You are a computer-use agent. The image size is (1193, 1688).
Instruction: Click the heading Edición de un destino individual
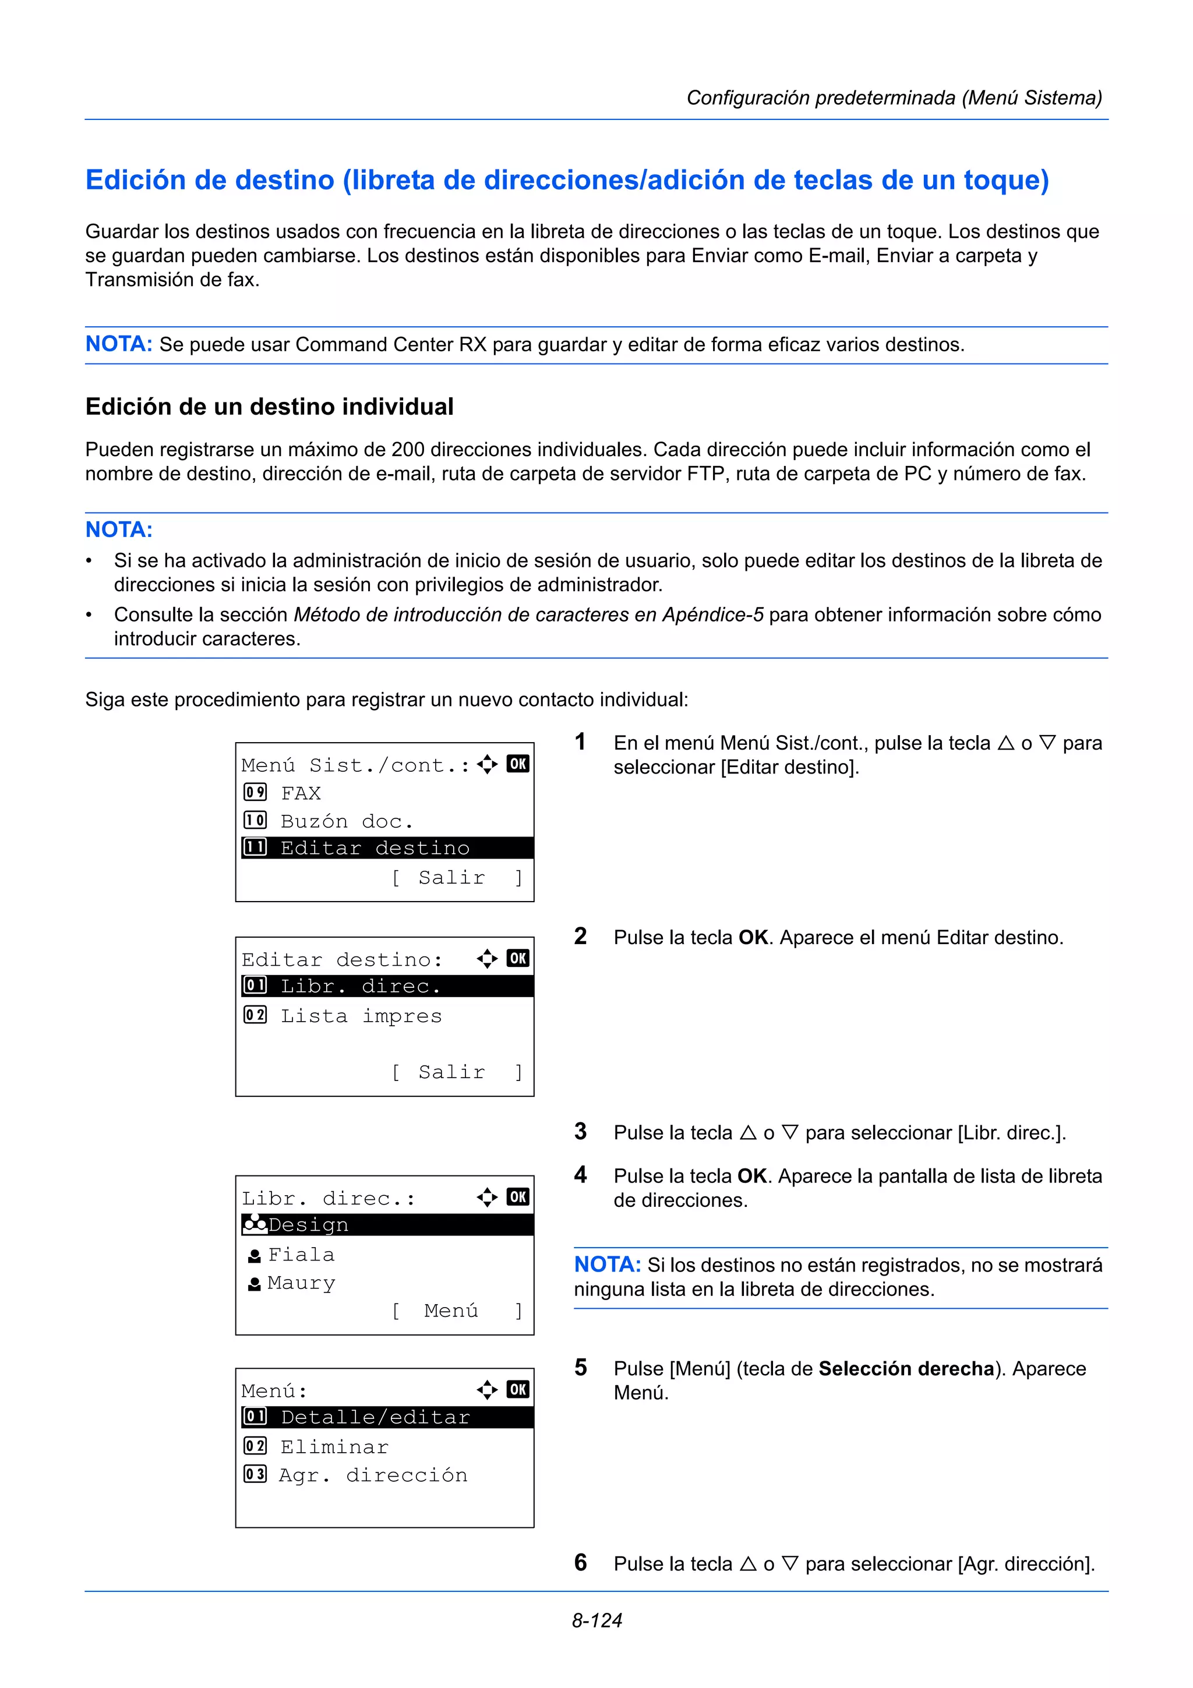point(269,407)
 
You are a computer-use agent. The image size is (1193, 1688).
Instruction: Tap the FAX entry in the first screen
point(301,793)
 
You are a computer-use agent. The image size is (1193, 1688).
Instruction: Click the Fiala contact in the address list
point(301,1254)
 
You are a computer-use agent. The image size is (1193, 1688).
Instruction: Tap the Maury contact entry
point(301,1283)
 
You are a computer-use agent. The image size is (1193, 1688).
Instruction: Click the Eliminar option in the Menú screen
point(334,1447)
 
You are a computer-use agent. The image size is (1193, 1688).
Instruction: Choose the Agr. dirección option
point(373,1475)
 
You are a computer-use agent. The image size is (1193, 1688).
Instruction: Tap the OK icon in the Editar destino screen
point(517,958)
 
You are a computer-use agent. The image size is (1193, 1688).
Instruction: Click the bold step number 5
point(581,1368)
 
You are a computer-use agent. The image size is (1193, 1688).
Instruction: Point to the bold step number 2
point(581,937)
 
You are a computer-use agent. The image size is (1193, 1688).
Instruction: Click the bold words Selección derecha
point(906,1368)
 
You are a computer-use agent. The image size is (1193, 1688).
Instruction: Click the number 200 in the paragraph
point(408,449)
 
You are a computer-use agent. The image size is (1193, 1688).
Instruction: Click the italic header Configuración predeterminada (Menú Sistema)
point(894,98)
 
